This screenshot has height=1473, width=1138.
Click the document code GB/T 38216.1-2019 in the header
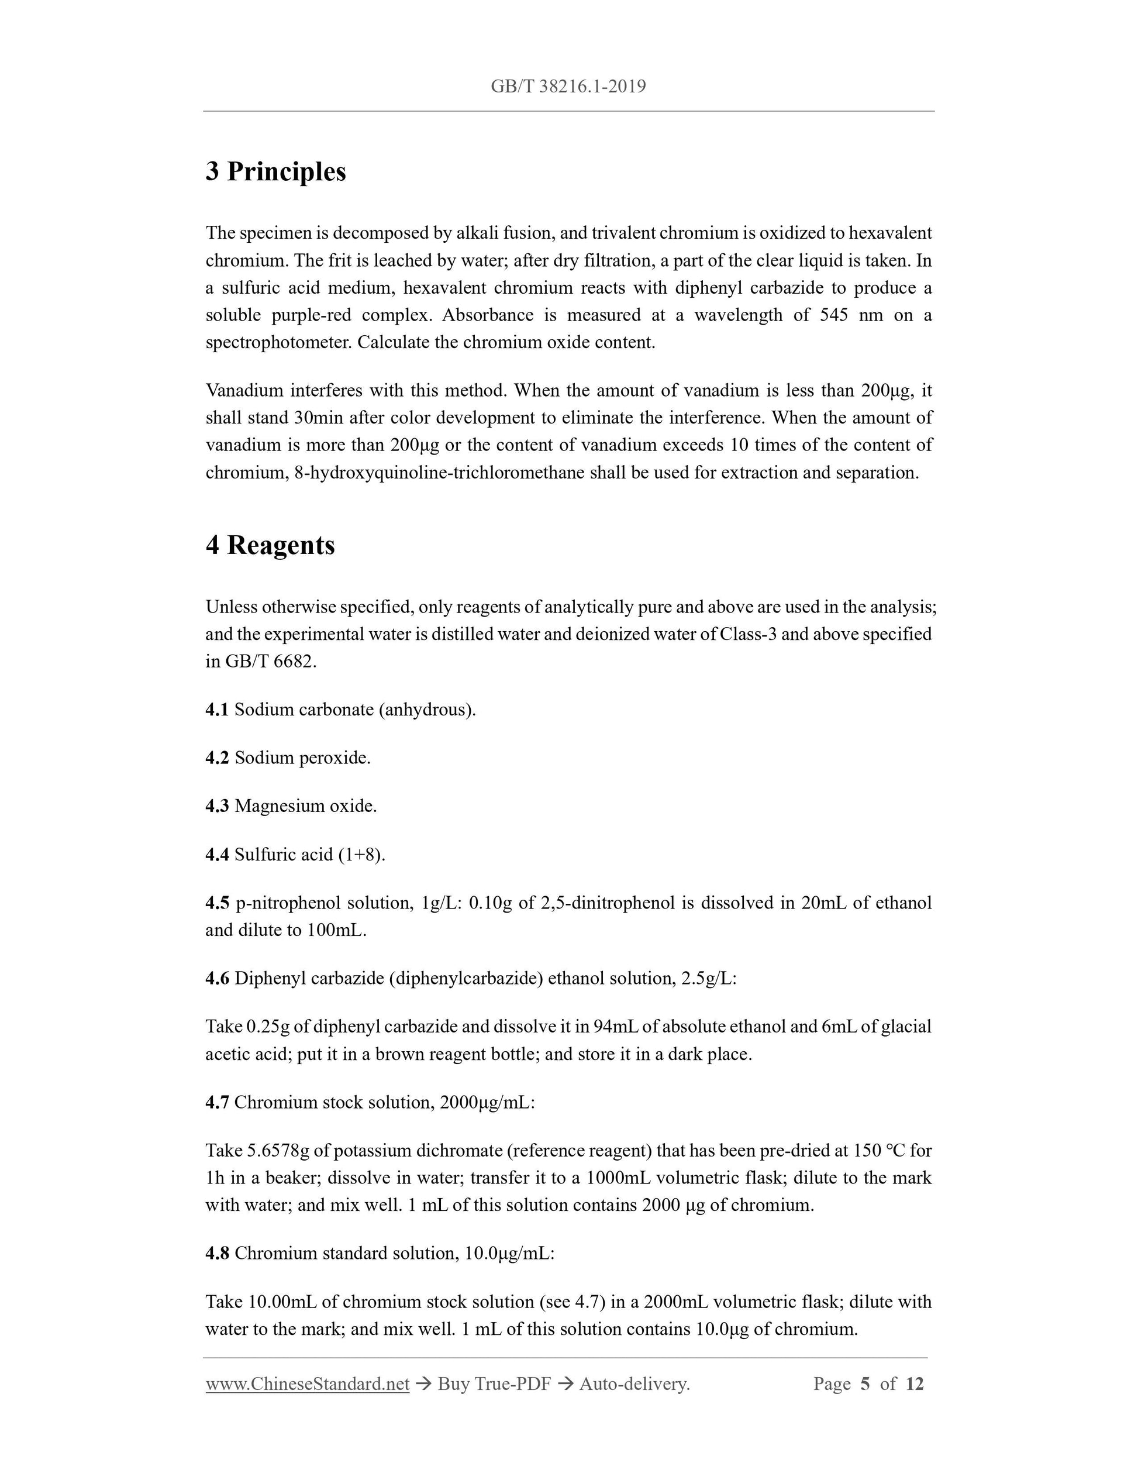tap(568, 87)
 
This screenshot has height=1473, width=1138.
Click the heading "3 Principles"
tap(276, 171)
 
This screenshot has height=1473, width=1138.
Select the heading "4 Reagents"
tap(270, 545)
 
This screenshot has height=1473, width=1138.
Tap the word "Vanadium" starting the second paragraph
tap(243, 391)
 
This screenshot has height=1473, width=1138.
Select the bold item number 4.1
tap(217, 710)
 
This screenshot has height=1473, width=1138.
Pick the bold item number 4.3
tap(217, 806)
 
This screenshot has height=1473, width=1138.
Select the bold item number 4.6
tap(217, 979)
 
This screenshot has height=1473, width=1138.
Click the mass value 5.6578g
tap(277, 1151)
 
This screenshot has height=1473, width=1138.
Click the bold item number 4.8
tap(217, 1253)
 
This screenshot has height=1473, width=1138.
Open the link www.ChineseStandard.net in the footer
tap(308, 1384)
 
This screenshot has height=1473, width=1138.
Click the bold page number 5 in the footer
tap(865, 1384)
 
